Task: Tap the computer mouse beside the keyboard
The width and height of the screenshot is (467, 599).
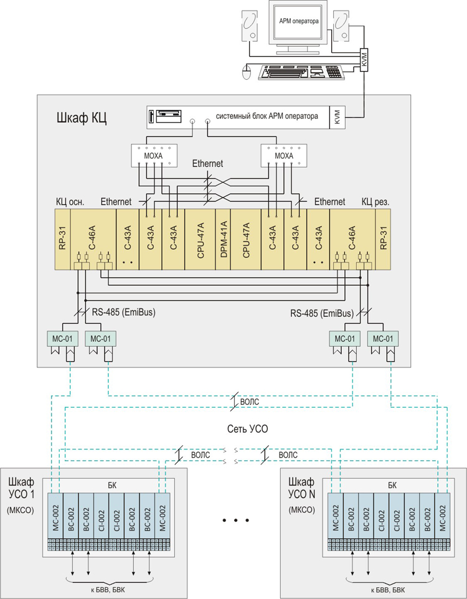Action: pyautogui.click(x=248, y=72)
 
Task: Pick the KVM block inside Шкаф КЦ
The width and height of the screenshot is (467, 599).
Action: pyautogui.click(x=337, y=117)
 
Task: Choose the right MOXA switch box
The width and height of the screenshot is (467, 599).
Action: pyautogui.click(x=283, y=154)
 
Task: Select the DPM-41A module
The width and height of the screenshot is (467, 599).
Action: pyautogui.click(x=223, y=239)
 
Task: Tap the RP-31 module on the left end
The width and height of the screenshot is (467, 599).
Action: pyautogui.click(x=62, y=239)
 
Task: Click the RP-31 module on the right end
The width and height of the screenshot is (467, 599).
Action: pyautogui.click(x=384, y=239)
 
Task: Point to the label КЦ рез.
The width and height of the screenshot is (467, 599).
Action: pyautogui.click(x=375, y=202)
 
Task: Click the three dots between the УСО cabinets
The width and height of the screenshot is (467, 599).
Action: pyautogui.click(x=236, y=519)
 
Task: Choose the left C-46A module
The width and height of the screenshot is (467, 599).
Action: pyautogui.click(x=93, y=239)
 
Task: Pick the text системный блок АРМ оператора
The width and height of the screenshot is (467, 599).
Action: pyautogui.click(x=267, y=116)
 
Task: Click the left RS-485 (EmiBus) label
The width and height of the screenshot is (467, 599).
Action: pyautogui.click(x=123, y=312)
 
